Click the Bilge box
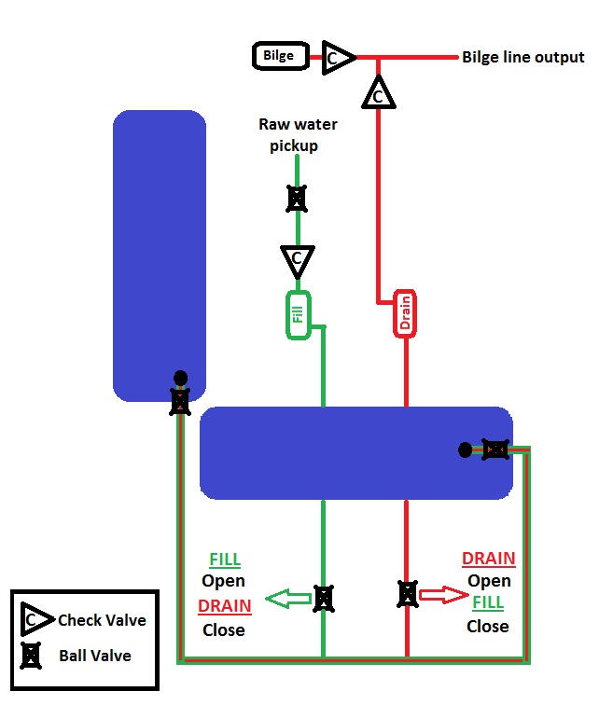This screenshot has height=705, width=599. point(278,56)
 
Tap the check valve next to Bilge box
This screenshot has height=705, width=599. point(337,58)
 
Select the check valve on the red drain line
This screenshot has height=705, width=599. point(377,93)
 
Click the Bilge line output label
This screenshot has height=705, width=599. point(522,57)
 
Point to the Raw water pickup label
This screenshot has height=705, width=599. point(298,134)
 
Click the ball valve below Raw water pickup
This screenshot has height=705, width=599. point(297,198)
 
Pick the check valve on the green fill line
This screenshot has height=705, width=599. point(298,260)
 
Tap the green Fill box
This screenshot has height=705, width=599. point(298,315)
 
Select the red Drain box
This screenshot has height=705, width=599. point(405,315)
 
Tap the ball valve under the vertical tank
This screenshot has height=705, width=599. point(180,402)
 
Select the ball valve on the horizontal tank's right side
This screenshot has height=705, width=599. point(495,450)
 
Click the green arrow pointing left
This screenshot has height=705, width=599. point(287,598)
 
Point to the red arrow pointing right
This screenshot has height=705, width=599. point(442,594)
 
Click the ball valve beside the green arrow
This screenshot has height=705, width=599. point(323,597)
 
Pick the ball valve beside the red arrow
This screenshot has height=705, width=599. point(407,593)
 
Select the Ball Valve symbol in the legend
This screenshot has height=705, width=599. point(33,656)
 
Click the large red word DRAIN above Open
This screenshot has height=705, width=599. point(489,559)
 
